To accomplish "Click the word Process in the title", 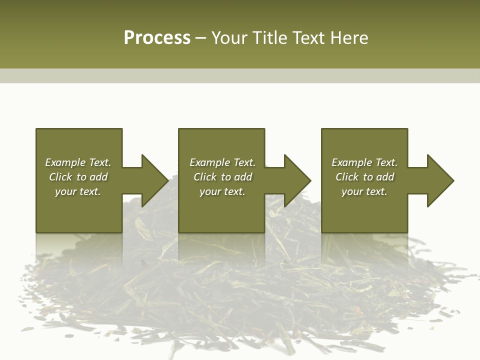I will coord(157,38).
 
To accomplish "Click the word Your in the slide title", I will coord(231,38).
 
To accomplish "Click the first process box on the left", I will coord(78,215).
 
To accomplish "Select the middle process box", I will coord(221,215).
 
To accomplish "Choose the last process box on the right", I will coord(364,215).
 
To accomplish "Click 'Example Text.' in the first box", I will coord(78,162).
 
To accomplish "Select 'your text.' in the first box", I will coord(78,191).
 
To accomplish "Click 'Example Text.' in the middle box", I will coord(222,162).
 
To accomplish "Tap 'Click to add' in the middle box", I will coord(222,177).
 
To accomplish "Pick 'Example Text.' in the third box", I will coord(364,162).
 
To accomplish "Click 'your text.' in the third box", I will coord(364,191).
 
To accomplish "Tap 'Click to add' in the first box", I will coord(78,177).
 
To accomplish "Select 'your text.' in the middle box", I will coord(222,191).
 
